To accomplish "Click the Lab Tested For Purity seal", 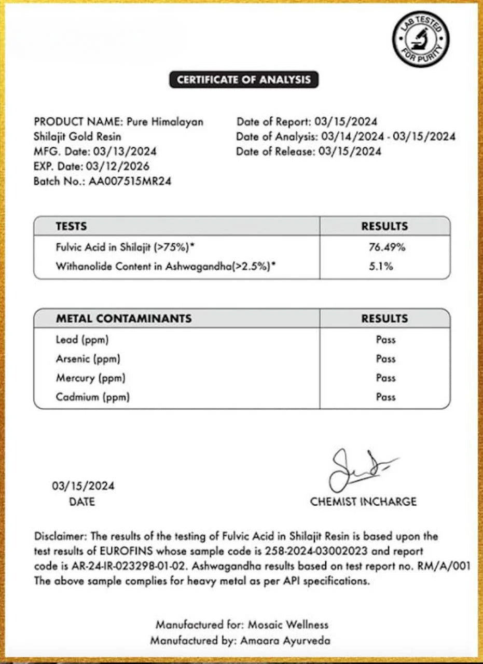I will (x=420, y=39).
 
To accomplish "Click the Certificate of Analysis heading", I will (x=243, y=79).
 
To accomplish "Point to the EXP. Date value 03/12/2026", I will (x=121, y=167).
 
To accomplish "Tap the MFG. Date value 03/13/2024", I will (x=125, y=151).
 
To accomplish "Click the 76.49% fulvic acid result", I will (x=387, y=247).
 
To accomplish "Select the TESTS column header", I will (x=71, y=226).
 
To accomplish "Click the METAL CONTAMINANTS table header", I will (x=123, y=319).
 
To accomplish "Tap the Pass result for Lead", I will (x=385, y=340).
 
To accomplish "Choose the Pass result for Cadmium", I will (x=385, y=397).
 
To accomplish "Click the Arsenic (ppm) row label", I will (x=88, y=359).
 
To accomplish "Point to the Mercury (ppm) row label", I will (x=90, y=378).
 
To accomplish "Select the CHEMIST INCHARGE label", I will (x=363, y=502).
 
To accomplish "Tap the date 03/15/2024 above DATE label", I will (x=83, y=487).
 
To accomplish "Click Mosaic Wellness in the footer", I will (x=288, y=625).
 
